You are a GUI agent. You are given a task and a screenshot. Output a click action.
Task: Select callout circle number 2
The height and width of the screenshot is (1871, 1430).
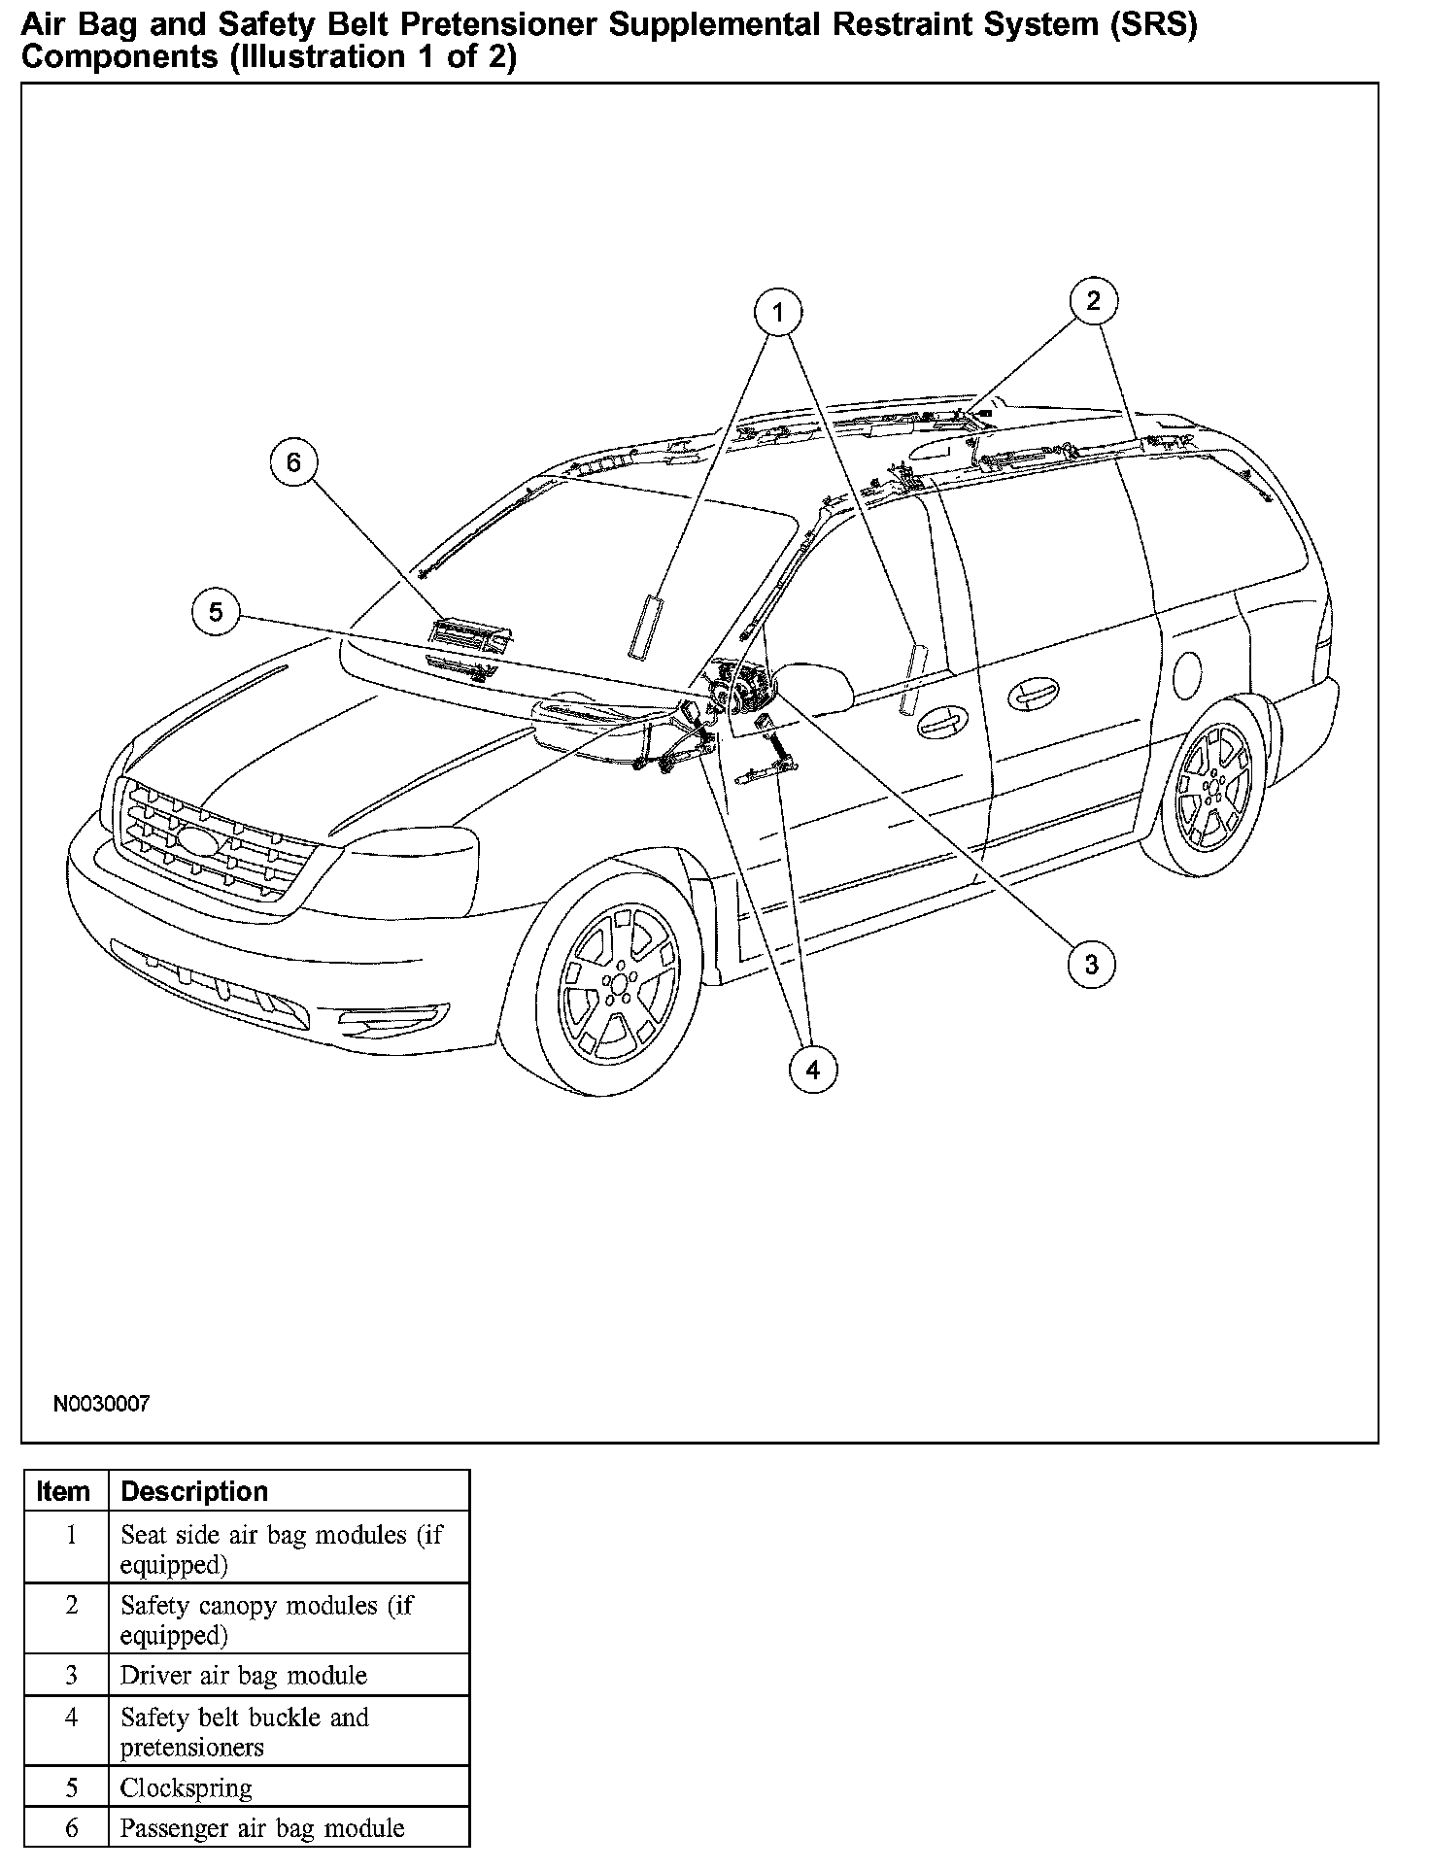point(1093,300)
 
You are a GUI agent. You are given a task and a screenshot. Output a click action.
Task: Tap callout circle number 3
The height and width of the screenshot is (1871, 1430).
point(1091,964)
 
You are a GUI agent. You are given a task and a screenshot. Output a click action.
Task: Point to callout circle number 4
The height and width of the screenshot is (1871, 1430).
point(812,1070)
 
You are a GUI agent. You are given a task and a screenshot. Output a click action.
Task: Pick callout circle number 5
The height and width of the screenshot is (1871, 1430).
point(216,611)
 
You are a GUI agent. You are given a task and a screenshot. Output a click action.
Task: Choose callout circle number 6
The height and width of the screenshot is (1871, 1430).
point(293,462)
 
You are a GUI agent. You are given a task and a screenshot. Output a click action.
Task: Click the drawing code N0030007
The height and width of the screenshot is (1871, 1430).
point(102,1404)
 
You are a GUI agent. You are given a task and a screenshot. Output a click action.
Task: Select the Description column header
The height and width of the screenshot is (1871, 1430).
point(194,1491)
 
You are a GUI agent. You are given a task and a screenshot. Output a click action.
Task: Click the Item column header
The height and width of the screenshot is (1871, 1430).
point(63,1491)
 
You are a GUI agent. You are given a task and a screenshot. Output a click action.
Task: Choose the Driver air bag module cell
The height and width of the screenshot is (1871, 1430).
point(244,1676)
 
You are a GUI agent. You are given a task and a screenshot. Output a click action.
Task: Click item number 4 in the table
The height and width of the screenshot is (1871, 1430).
point(71,1718)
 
